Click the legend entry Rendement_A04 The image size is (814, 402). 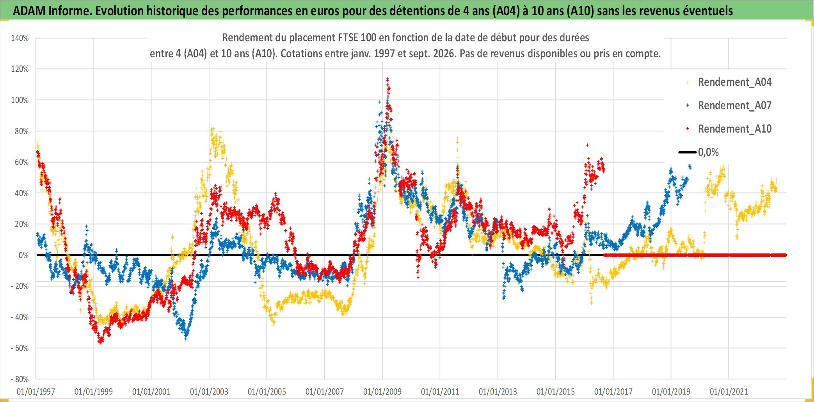(x=729, y=82)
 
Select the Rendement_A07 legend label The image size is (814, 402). (x=729, y=105)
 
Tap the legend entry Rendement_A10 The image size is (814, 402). (x=729, y=129)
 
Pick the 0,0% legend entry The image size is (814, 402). (x=699, y=152)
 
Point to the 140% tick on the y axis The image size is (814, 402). (x=20, y=38)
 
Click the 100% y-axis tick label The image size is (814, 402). (x=20, y=100)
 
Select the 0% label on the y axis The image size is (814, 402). (x=23, y=255)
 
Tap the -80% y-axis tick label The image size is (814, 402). (x=20, y=379)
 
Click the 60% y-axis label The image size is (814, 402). (x=21, y=162)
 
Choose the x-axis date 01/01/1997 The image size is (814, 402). (x=36, y=391)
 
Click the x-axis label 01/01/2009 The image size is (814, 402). (x=382, y=391)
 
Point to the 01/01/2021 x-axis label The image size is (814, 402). (x=729, y=391)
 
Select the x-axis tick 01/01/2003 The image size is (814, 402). (x=209, y=391)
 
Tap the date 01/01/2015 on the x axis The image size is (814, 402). (x=556, y=391)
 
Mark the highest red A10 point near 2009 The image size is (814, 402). (x=387, y=79)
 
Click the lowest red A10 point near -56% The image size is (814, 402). (x=101, y=342)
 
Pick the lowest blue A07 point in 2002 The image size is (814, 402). (x=186, y=338)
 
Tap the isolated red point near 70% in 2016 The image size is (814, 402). (x=587, y=145)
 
